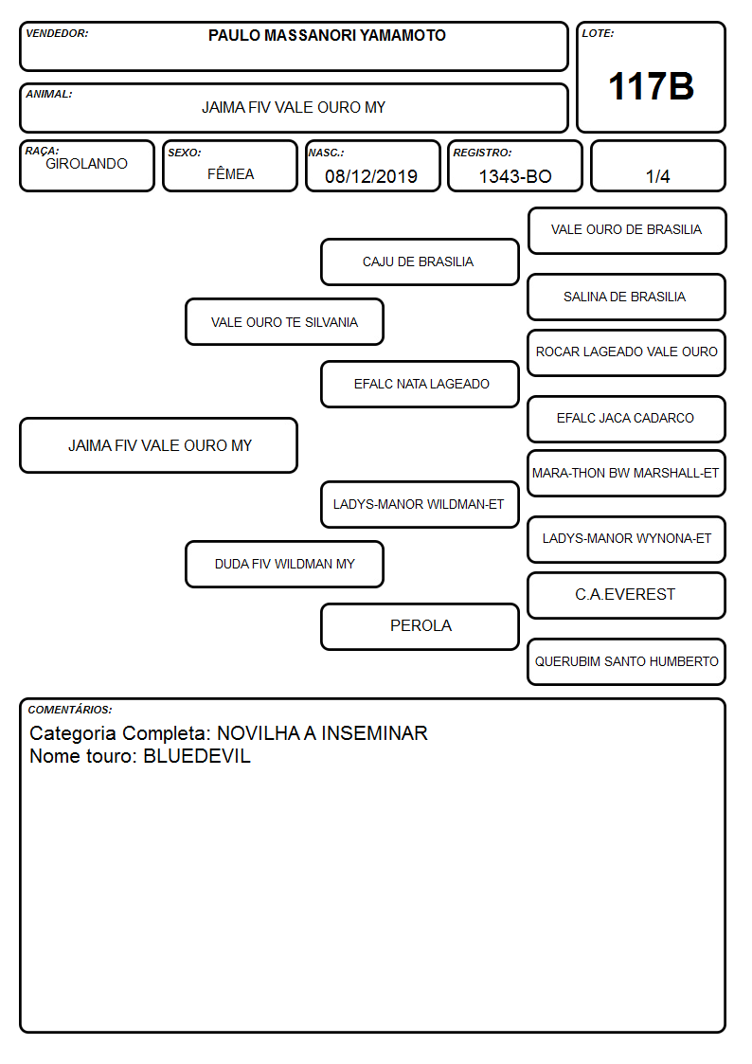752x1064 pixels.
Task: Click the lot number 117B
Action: tap(651, 87)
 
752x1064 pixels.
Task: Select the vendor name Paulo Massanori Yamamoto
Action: tap(327, 35)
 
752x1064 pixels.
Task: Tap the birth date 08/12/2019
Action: tap(371, 176)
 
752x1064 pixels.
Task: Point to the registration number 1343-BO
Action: tap(515, 176)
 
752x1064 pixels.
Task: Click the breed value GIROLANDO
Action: tap(87, 164)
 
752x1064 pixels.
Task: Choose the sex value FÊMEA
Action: tap(230, 173)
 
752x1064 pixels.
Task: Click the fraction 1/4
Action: tap(657, 176)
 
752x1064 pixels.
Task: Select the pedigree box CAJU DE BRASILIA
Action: tap(420, 261)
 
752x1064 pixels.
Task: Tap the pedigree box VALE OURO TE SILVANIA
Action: tap(285, 322)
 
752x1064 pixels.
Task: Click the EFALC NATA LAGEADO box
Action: tap(420, 384)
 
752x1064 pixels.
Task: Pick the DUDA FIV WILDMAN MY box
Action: tap(285, 564)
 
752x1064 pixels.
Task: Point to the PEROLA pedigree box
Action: tap(420, 626)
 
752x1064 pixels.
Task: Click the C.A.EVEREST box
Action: tap(627, 595)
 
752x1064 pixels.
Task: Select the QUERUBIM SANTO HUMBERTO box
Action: tap(627, 661)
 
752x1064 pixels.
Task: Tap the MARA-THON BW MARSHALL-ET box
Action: tap(627, 474)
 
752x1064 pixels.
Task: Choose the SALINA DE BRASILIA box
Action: tap(627, 298)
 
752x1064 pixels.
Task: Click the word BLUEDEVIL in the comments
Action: tap(197, 756)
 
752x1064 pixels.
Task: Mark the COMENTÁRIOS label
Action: tap(70, 710)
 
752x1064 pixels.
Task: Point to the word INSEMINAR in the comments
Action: tap(374, 733)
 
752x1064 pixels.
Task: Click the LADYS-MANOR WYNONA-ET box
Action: tap(627, 539)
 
